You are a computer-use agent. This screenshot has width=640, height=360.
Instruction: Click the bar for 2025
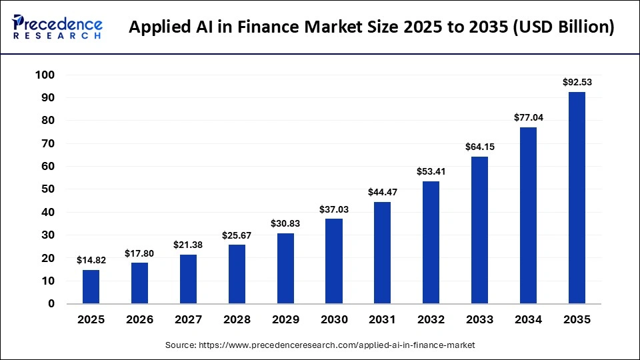click(x=91, y=287)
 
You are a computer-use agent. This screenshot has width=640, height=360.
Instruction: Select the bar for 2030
click(x=333, y=261)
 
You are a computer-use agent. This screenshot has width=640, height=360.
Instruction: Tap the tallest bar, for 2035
click(x=577, y=198)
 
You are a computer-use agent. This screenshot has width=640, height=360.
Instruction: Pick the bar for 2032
click(x=431, y=243)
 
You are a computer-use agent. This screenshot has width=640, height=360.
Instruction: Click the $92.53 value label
click(x=577, y=83)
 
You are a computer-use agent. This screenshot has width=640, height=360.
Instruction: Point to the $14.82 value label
click(x=91, y=261)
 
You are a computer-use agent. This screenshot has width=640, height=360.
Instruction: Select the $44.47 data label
click(x=382, y=193)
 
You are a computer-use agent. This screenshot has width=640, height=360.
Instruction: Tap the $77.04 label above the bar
click(x=528, y=117)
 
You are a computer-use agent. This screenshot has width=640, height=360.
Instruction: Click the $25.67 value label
click(x=237, y=235)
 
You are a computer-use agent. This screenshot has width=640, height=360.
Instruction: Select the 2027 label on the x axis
click(x=188, y=320)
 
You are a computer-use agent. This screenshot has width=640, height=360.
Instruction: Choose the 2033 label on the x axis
click(x=479, y=320)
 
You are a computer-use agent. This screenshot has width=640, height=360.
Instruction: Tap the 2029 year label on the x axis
click(x=285, y=320)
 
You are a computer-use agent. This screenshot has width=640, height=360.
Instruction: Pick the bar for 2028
click(x=237, y=274)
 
